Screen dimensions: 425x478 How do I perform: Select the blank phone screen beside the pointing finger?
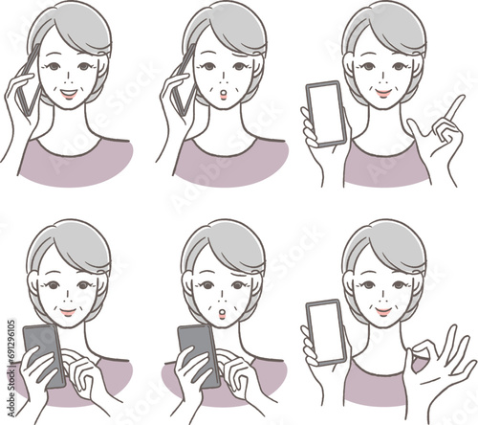click(x=324, y=111)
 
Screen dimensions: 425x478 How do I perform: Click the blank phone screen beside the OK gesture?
click(x=325, y=330)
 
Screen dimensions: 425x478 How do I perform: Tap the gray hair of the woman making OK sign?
click(x=388, y=244)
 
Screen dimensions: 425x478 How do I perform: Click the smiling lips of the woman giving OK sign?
click(x=383, y=311)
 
